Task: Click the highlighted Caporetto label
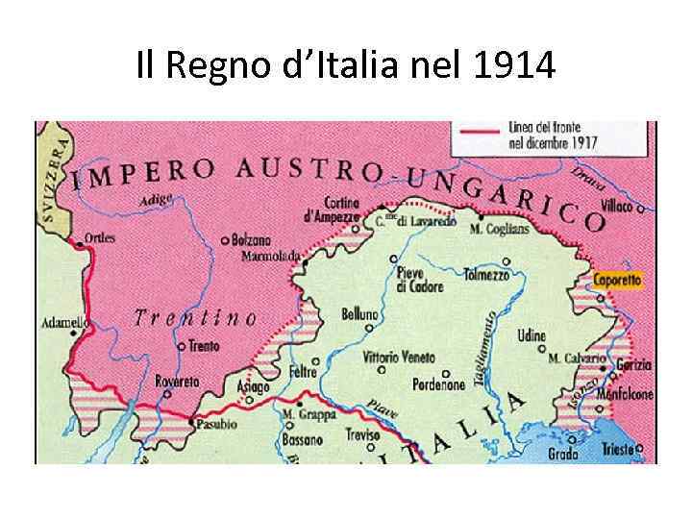click(617, 280)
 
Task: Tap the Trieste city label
click(620, 449)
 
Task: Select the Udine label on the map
click(531, 336)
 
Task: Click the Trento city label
click(204, 346)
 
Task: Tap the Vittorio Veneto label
click(399, 357)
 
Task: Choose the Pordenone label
click(439, 384)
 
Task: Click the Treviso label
click(363, 434)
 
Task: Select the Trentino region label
click(195, 317)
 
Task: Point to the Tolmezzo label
click(486, 274)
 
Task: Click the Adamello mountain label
click(64, 323)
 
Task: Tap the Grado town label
click(563, 454)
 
